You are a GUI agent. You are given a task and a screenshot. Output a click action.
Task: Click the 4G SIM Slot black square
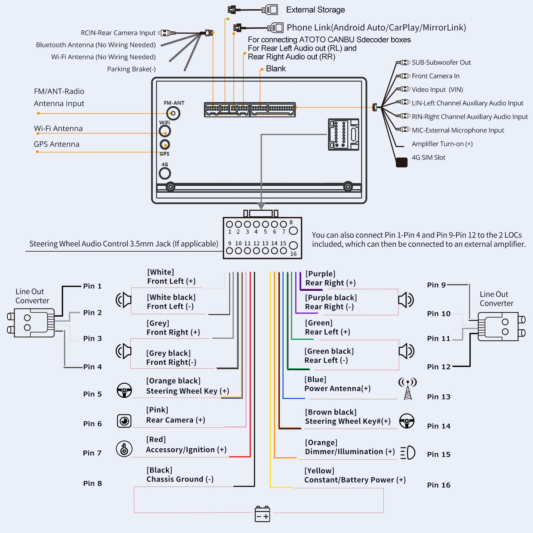click(x=401, y=162)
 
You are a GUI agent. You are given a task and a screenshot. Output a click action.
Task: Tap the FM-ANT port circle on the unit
click(x=173, y=114)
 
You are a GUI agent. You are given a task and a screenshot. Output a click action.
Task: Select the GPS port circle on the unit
click(x=165, y=144)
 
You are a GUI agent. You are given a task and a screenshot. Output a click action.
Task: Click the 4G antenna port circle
click(x=165, y=173)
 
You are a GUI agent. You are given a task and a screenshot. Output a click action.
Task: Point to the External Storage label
click(x=315, y=10)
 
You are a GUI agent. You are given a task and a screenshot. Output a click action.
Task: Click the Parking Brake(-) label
click(x=131, y=69)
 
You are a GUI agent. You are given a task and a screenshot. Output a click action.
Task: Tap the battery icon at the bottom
click(x=263, y=514)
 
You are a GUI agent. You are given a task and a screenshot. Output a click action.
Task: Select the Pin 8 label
click(x=92, y=483)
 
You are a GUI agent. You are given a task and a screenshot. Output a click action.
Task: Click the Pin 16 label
click(x=439, y=485)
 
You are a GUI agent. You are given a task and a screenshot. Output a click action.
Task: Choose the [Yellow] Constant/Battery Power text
click(x=355, y=475)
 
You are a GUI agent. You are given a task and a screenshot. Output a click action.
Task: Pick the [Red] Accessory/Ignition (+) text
click(x=186, y=445)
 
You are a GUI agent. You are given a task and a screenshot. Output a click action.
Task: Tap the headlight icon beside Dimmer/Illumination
click(x=407, y=452)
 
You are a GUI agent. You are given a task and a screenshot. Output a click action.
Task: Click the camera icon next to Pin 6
click(x=124, y=421)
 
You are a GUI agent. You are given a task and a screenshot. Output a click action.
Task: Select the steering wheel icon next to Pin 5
click(x=124, y=390)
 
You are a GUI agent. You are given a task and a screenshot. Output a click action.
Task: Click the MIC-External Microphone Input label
click(x=457, y=130)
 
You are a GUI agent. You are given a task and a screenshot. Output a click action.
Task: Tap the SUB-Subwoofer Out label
click(x=441, y=62)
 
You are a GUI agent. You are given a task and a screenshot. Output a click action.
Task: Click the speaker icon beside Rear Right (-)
click(x=406, y=300)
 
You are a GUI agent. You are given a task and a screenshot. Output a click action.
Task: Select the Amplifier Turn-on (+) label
click(x=442, y=144)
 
